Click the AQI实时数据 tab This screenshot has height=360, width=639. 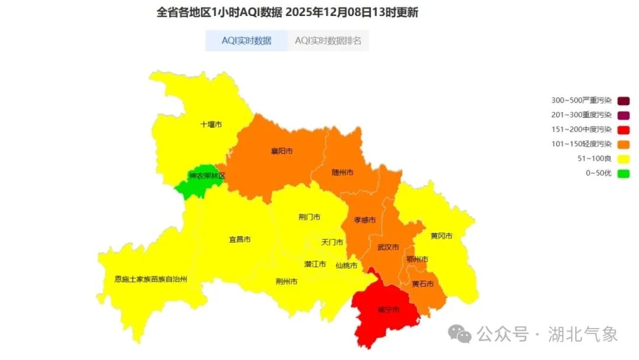pos(246,41)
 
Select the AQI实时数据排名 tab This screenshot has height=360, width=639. pos(328,41)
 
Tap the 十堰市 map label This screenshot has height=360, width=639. pos(211,125)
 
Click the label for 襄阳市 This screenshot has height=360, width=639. pos(282,152)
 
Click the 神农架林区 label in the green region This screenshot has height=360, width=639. pos(207,176)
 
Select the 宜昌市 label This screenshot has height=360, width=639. pos(240,240)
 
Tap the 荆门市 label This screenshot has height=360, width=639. pos(309,217)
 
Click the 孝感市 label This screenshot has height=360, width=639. pos(364,220)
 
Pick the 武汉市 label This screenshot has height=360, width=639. pos(388,247)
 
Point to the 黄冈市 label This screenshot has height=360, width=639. pos(441,236)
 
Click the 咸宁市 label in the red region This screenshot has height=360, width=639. pos(389,310)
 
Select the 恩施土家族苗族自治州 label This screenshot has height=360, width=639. pos(150,279)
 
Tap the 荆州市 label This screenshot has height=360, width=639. pos(286,281)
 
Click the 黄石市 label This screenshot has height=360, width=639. pos(422,284)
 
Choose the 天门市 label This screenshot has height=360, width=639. pos(332,242)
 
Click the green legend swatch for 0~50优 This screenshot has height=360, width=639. pos(623,173)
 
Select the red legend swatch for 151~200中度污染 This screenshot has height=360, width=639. pos(623,130)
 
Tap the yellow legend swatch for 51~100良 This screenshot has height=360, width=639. pos(623,159)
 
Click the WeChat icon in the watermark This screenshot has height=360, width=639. pos(460,334)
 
